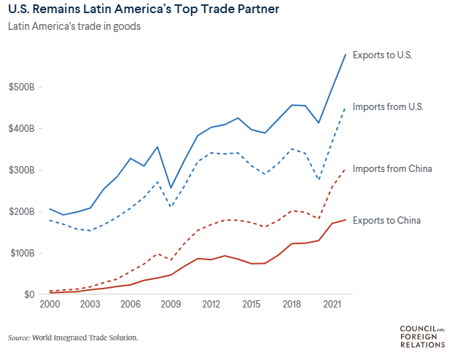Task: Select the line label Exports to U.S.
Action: tap(383, 55)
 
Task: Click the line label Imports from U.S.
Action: tap(388, 106)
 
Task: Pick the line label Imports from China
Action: tap(392, 169)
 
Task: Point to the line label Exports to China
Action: tap(386, 220)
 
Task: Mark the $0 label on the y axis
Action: tap(28, 294)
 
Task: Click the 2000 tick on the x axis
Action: tap(50, 305)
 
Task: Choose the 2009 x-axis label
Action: tap(171, 305)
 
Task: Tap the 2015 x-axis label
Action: tap(252, 305)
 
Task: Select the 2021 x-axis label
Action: tap(332, 305)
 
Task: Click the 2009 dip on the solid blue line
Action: tap(171, 188)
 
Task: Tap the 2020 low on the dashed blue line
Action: tap(319, 180)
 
